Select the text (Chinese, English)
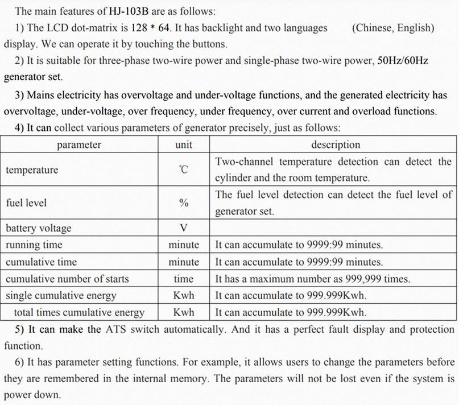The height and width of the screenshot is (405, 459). (x=393, y=27)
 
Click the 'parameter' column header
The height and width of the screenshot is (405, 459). (x=79, y=144)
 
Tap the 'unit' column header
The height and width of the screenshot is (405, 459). (x=184, y=144)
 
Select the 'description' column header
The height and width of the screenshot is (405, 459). (x=335, y=144)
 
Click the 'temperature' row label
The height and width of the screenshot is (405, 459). (x=32, y=170)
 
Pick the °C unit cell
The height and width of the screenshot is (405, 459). (x=184, y=170)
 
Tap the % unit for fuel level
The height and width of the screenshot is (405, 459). (x=184, y=203)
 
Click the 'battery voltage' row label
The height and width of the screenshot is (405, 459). (x=39, y=228)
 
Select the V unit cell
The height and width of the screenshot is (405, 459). (x=184, y=228)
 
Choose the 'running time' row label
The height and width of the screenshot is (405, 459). (x=34, y=245)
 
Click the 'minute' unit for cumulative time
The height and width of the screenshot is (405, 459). (x=184, y=262)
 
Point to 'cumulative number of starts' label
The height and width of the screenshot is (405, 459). (x=67, y=279)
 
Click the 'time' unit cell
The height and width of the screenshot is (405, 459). (x=184, y=279)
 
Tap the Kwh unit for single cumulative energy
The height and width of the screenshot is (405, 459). (x=184, y=295)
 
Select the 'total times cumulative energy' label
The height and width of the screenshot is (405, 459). (x=79, y=312)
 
